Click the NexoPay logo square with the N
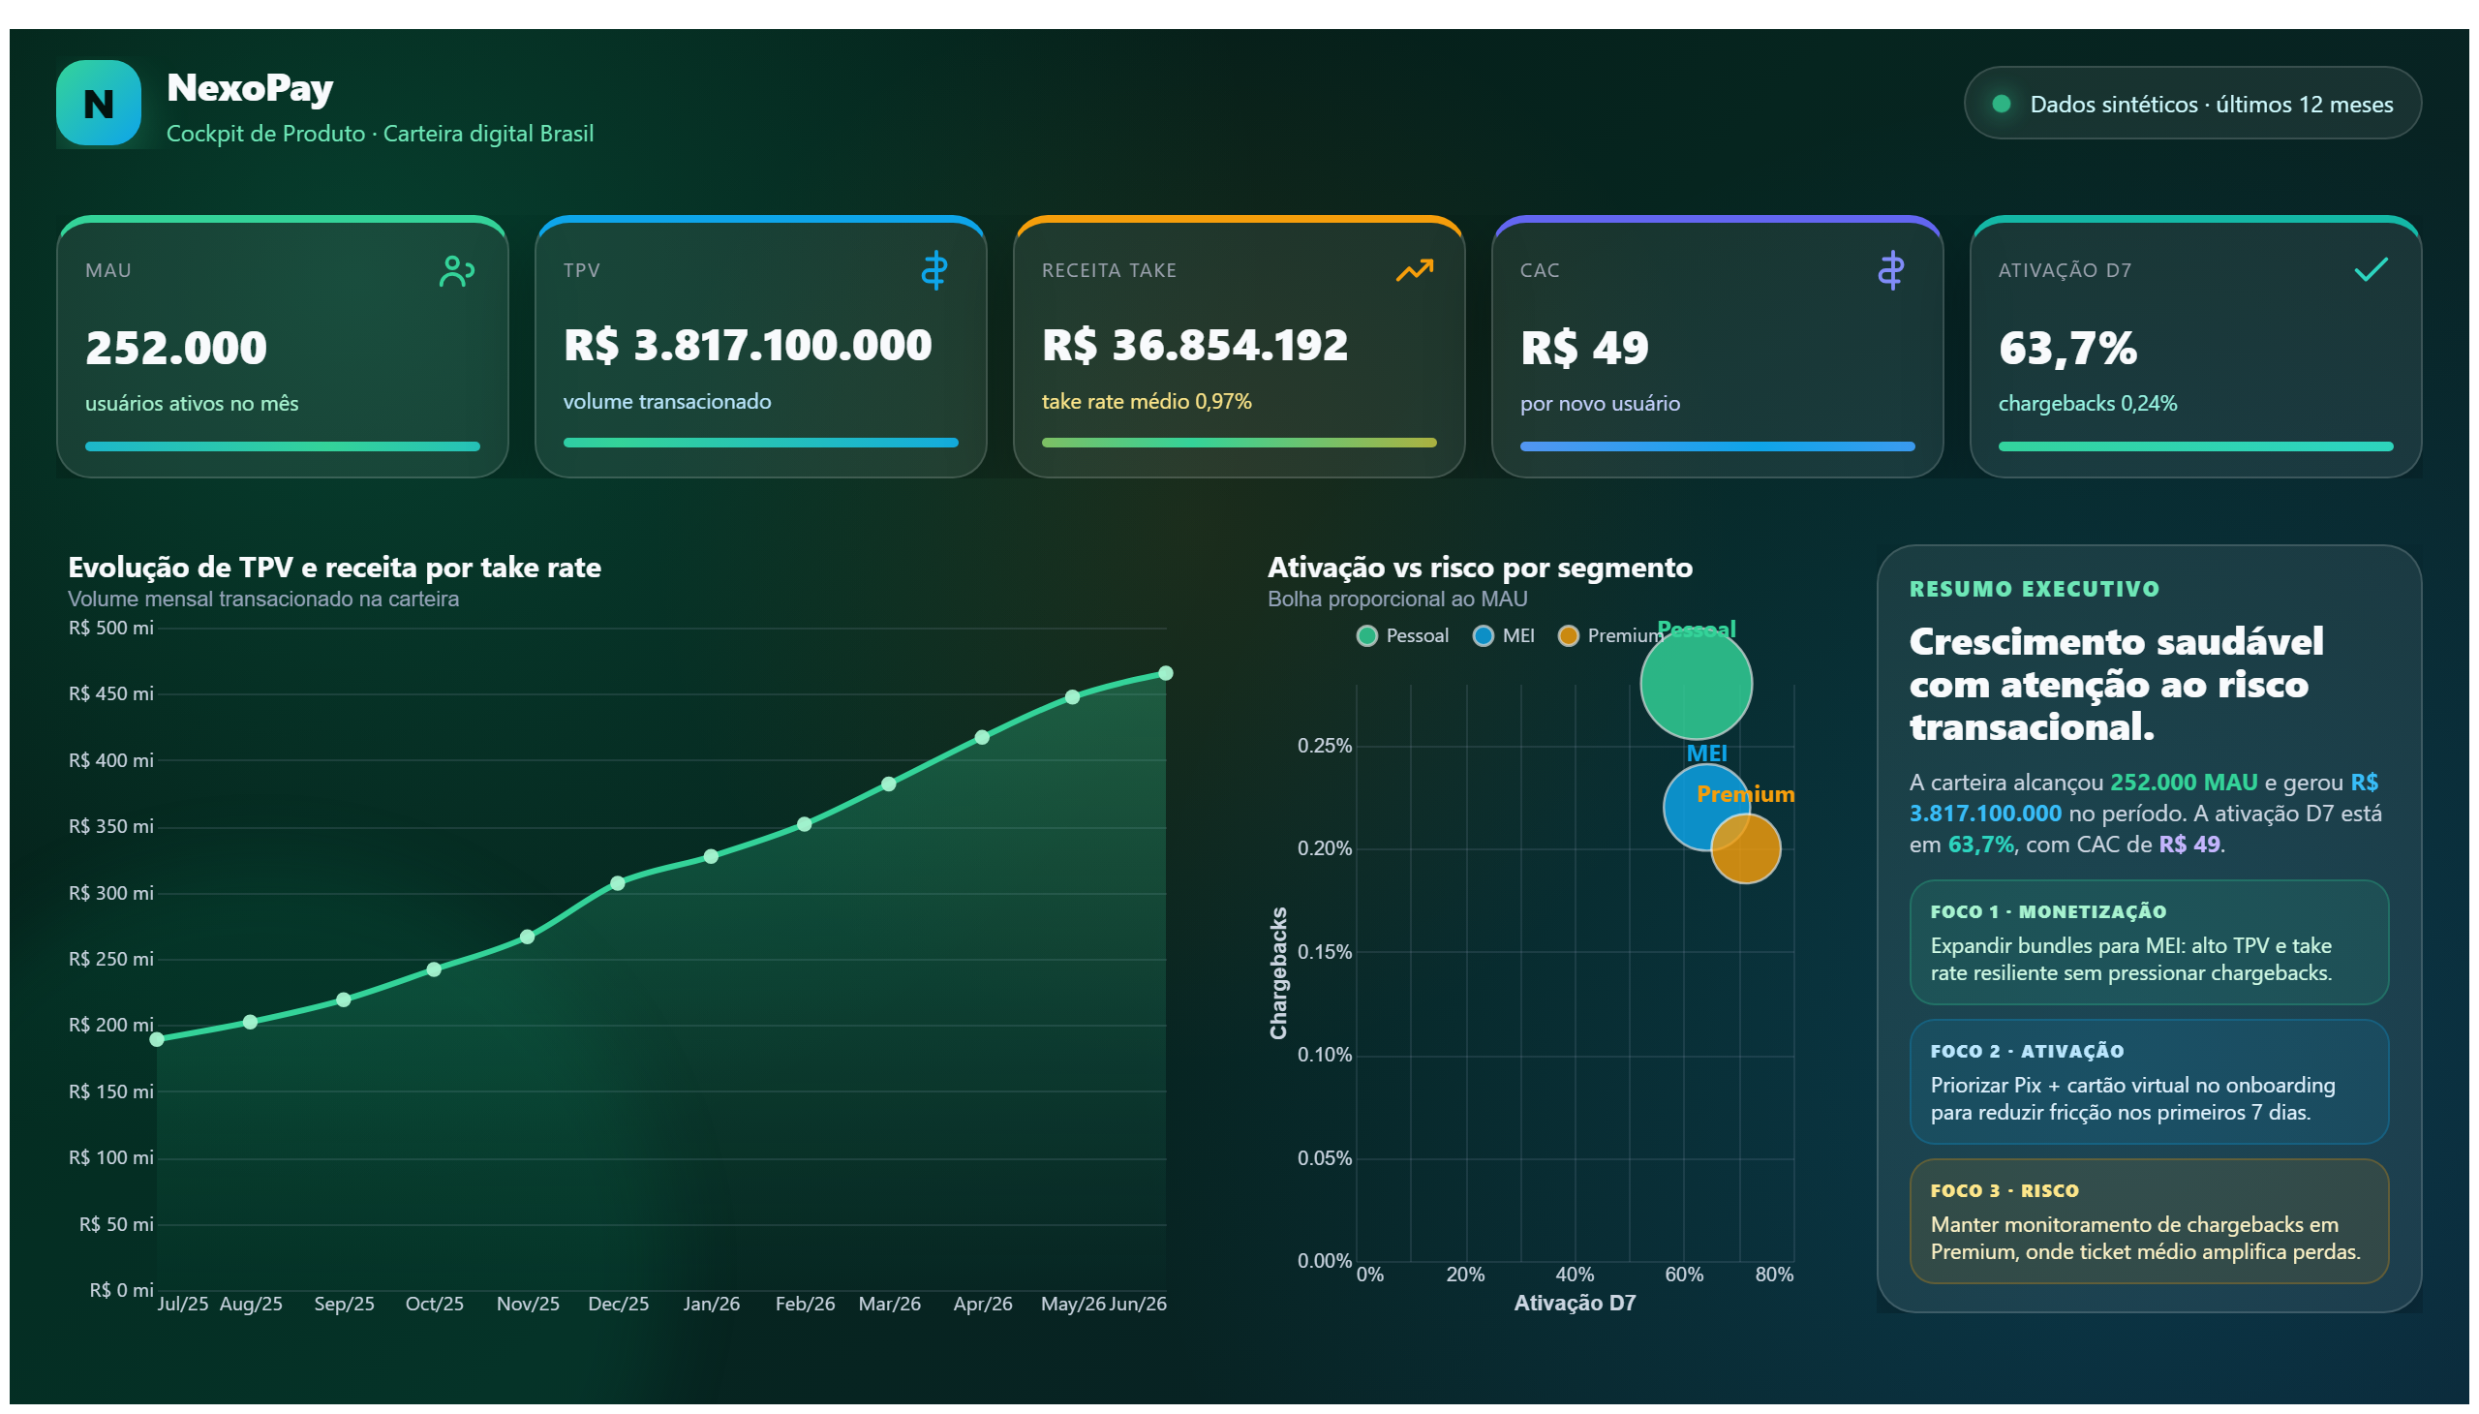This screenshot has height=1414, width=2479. (98, 103)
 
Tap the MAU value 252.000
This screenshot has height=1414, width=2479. (175, 348)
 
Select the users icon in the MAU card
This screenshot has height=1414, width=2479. (456, 271)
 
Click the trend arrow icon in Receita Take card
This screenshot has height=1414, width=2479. (1414, 270)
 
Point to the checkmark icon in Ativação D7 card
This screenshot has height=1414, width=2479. (2371, 269)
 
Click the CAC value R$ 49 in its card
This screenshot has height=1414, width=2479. (1583, 348)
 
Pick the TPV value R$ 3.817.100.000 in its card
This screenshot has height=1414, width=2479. (747, 345)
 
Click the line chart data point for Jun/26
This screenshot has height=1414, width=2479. (1165, 673)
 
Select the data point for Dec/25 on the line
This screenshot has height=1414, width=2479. (618, 882)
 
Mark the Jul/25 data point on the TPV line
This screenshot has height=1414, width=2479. (157, 1039)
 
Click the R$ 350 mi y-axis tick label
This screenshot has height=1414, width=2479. (110, 826)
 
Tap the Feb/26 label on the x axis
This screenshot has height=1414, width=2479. (805, 1304)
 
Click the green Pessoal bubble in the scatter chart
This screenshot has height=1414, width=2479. (1696, 684)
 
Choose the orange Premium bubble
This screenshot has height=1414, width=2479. (1745, 847)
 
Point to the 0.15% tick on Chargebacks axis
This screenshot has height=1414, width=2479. (1324, 952)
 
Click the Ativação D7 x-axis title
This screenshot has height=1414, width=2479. (1574, 1304)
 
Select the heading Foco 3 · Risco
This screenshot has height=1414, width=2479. (2005, 1190)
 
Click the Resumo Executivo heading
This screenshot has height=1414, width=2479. (2034, 589)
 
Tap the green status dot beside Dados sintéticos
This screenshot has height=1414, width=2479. (2002, 104)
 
